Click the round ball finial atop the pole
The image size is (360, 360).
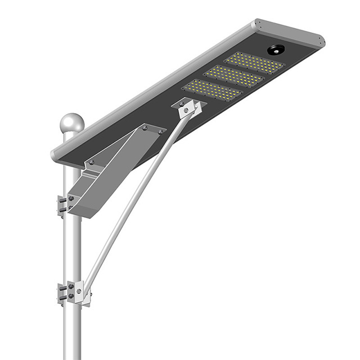[x=72, y=123]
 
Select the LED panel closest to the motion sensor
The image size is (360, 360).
[x=255, y=63]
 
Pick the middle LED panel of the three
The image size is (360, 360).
[x=233, y=76]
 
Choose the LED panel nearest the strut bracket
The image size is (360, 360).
[x=212, y=90]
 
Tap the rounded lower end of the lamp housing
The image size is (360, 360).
[x=56, y=152]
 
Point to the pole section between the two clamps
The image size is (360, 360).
[x=72, y=247]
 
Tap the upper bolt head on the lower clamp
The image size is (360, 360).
[x=70, y=288]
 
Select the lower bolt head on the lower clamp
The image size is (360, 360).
[x=70, y=297]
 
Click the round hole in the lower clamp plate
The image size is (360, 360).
[x=80, y=292]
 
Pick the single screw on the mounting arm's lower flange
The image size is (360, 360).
[x=92, y=163]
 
